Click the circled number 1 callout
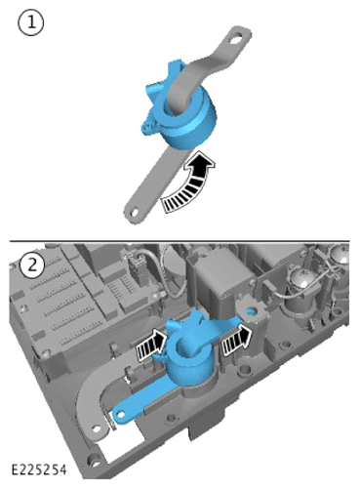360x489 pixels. pyautogui.click(x=31, y=22)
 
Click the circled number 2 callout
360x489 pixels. pyautogui.click(x=32, y=265)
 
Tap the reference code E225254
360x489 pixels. pyautogui.click(x=39, y=469)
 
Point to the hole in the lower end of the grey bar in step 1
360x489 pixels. pyautogui.click(x=134, y=212)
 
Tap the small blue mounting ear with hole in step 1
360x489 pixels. pyautogui.click(x=148, y=127)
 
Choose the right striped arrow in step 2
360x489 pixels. pyautogui.click(x=237, y=339)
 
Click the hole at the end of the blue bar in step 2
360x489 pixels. pyautogui.click(x=120, y=414)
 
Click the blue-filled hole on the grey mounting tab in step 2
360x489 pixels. pyautogui.click(x=252, y=311)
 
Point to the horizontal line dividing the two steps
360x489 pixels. pyautogui.click(x=180, y=241)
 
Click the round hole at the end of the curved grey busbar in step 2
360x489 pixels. pyautogui.click(x=97, y=428)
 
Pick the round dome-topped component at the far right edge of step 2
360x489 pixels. pyautogui.click(x=340, y=257)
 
